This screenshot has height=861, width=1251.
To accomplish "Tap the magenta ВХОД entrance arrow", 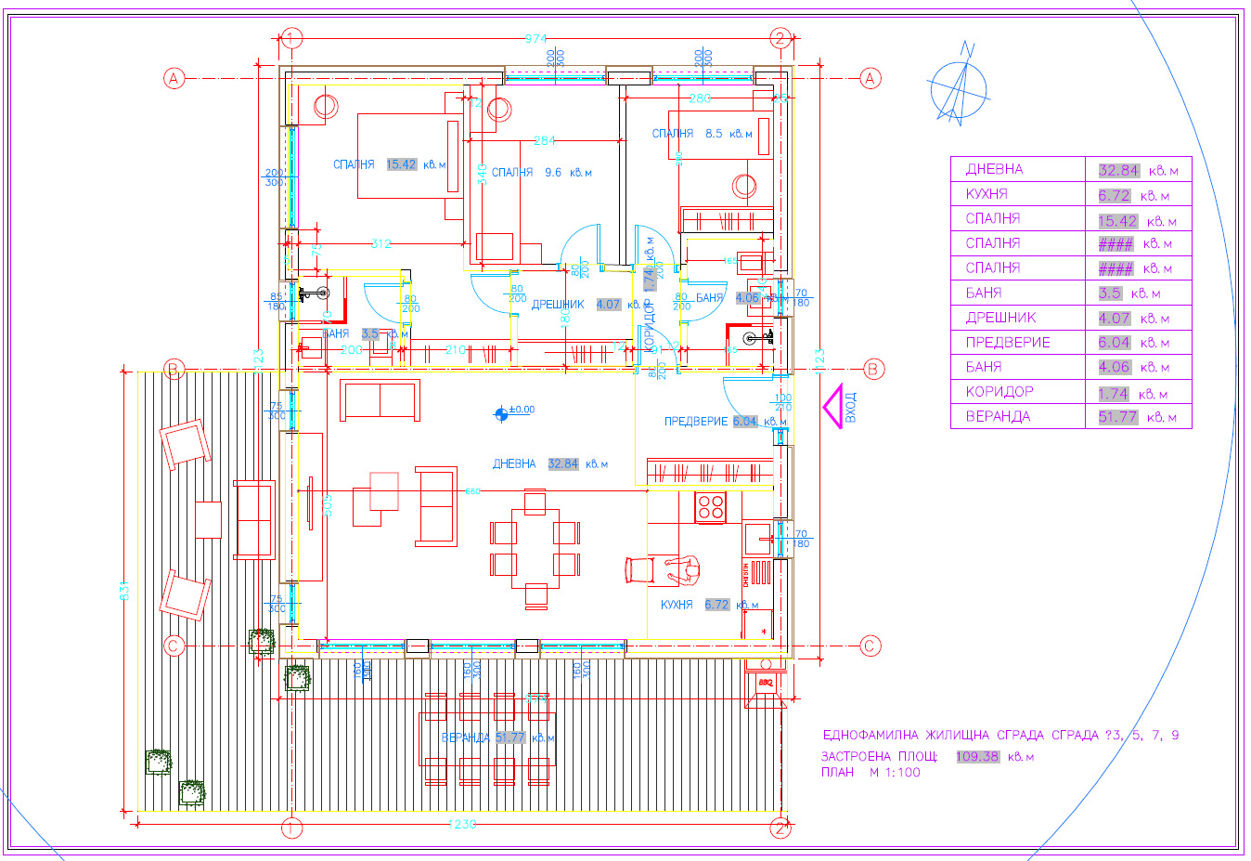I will (838, 407).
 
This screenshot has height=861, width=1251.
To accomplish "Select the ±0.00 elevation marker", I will (502, 412).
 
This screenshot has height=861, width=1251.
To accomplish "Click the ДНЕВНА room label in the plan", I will (514, 463).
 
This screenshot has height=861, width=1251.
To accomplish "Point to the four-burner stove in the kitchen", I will (711, 507).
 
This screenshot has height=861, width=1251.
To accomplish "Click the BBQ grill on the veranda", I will (765, 684).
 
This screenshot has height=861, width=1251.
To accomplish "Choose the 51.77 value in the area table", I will (1117, 417).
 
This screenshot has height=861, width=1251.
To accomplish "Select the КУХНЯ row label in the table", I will (987, 194).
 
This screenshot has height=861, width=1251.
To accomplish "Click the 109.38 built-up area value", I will (977, 756).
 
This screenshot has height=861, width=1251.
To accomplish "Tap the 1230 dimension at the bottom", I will (461, 824).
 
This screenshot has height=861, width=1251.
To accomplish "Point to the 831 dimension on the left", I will (125, 591).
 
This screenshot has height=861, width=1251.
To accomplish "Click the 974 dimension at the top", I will (536, 39).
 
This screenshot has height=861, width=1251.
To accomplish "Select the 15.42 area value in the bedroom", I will (401, 164).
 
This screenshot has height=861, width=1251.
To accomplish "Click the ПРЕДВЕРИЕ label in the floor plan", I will (695, 422).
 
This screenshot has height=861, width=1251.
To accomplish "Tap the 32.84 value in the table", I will (1117, 170).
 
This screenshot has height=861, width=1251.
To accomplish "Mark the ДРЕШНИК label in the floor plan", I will (558, 305).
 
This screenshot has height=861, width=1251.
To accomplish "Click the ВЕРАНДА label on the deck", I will (466, 737).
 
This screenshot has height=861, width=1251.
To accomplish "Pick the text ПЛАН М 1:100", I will (871, 772).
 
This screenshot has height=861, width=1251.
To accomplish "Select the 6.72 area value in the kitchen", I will (716, 605).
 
